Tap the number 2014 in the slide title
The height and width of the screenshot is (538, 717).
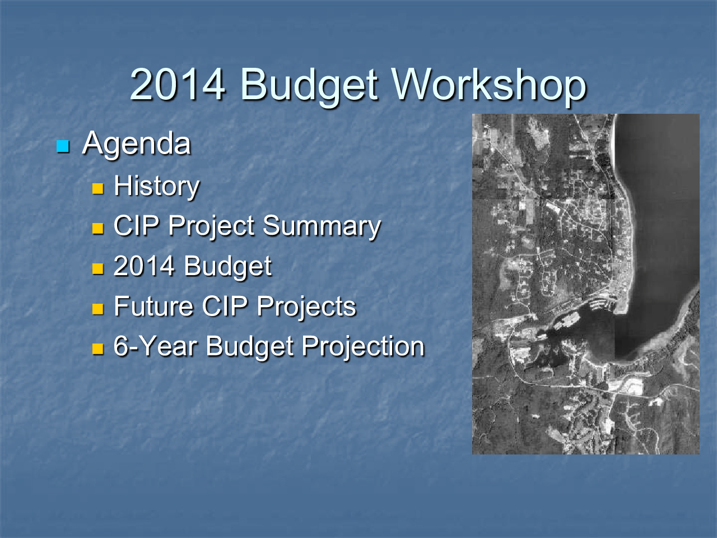coord(178,85)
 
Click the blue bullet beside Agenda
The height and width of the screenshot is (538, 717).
coord(63,146)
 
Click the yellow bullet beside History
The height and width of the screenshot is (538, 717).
coord(97,189)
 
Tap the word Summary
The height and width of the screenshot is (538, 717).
coord(322,226)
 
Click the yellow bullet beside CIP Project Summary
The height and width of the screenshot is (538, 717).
coord(97,229)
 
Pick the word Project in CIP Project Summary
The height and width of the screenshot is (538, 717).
coord(211,226)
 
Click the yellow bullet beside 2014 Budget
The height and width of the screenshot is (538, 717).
coord(97,269)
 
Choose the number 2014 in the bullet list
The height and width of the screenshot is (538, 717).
coord(144,266)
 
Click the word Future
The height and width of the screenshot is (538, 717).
coord(153,306)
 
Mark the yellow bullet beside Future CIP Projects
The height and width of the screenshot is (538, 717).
coord(97,309)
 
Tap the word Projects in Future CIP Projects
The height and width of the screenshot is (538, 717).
coord(306,307)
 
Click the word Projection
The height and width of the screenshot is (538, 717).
coord(363,347)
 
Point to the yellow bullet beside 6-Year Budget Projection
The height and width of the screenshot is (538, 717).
coord(97,349)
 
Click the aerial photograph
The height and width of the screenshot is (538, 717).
coord(586,284)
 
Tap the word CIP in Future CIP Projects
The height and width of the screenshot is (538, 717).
coord(225,306)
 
